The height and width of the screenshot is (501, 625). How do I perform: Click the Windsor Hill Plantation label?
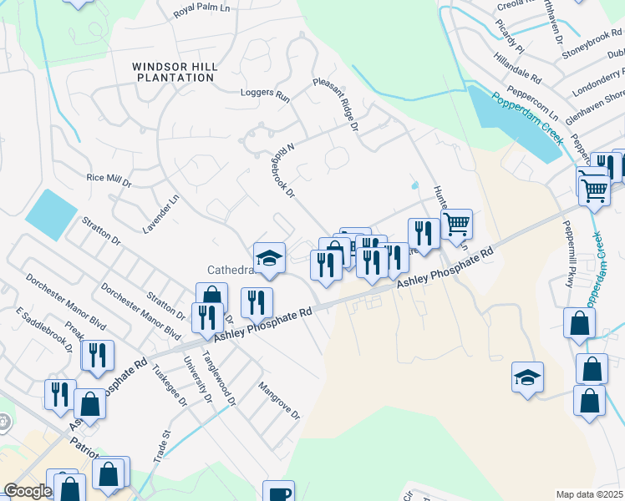(x=175, y=72)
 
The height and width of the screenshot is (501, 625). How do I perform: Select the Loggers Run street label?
(x=264, y=95)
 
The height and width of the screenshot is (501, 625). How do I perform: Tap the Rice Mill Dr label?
(x=109, y=179)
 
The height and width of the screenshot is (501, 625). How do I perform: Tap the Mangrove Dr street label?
(x=278, y=400)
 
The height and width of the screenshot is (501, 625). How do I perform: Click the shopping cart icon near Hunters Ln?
(x=456, y=223)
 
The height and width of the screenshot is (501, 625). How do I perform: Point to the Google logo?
(x=28, y=491)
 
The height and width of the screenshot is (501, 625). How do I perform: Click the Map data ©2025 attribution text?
(x=589, y=494)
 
